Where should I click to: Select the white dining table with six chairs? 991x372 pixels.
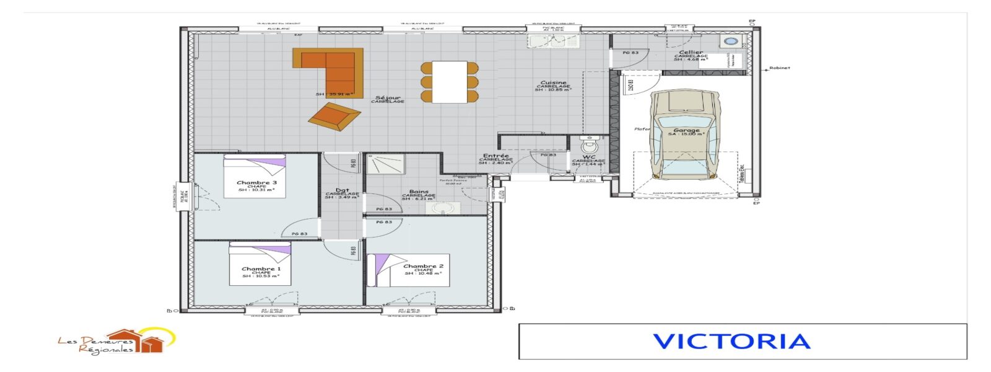click(x=450, y=82)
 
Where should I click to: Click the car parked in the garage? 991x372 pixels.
click(x=686, y=133)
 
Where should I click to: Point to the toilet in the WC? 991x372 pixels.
click(x=590, y=147)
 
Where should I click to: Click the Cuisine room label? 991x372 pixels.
click(x=553, y=83)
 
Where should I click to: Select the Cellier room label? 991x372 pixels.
click(x=691, y=53)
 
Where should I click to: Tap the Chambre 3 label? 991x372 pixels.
click(x=256, y=183)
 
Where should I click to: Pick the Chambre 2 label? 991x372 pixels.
click(x=423, y=266)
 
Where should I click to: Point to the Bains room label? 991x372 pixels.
click(x=419, y=192)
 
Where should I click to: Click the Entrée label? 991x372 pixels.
click(x=495, y=156)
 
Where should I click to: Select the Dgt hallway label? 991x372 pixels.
click(x=342, y=191)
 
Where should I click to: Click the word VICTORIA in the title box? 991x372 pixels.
click(x=731, y=342)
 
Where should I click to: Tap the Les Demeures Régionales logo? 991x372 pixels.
click(x=118, y=341)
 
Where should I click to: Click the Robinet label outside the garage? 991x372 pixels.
click(x=779, y=68)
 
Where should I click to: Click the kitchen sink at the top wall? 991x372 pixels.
click(x=553, y=41)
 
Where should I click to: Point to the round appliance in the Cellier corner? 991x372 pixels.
click(x=731, y=42)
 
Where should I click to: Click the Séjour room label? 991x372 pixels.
click(x=388, y=98)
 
